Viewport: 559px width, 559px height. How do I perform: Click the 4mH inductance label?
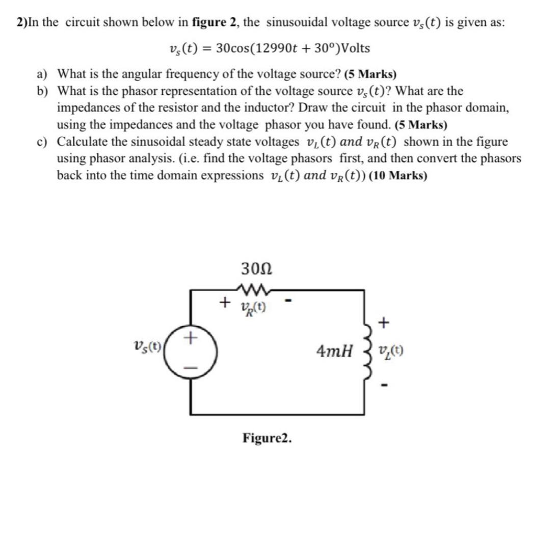click(x=334, y=351)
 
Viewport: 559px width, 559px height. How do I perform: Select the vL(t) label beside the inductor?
click(x=392, y=351)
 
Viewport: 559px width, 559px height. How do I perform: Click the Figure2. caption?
click(x=268, y=438)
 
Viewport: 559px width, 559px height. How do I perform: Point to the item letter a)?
click(x=42, y=74)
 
